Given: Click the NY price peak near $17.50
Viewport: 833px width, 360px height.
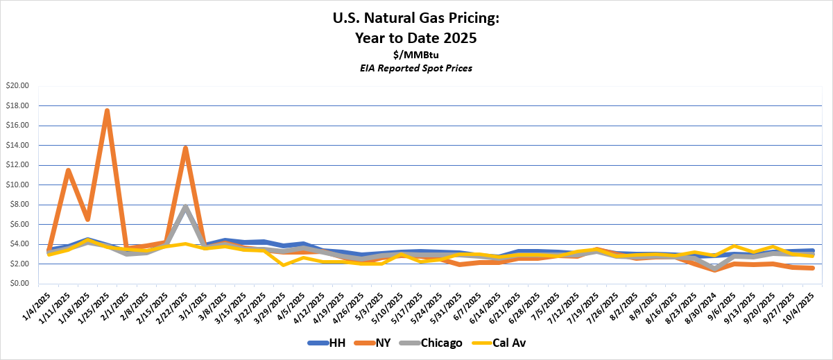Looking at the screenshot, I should coord(107,110).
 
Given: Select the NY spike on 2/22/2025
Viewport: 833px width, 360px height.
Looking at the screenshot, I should coord(185,148).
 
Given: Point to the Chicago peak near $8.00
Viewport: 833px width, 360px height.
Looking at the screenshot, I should coord(185,206).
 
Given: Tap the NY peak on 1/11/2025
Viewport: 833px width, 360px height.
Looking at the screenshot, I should coord(68,170).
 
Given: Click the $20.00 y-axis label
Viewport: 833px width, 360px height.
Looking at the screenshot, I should coord(18,86).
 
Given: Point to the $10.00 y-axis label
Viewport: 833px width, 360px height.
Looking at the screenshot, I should coord(18,185).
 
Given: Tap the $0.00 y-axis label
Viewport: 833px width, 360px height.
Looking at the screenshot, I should coord(20,284).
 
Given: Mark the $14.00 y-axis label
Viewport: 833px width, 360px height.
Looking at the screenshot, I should coord(18,146).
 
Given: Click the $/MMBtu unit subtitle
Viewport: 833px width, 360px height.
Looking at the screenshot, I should coord(416,55).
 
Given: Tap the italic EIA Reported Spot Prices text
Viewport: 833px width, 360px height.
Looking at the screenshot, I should coord(416,67).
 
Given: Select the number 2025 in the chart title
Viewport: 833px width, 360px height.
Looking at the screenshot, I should coord(458,38).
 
